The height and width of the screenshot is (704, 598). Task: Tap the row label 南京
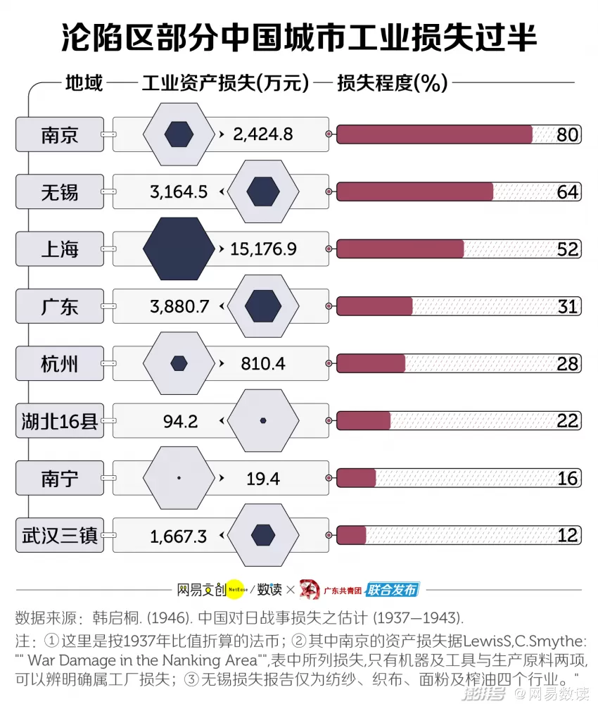(60, 134)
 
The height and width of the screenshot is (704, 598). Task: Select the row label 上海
(60, 249)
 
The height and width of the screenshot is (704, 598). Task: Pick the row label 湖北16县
(60, 421)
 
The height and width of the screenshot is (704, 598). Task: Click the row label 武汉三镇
(60, 536)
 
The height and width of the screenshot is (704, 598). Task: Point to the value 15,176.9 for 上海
(263, 249)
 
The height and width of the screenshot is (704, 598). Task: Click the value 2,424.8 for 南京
(263, 134)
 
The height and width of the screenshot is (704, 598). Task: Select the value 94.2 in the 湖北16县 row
(180, 422)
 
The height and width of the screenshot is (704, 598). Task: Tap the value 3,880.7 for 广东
(179, 307)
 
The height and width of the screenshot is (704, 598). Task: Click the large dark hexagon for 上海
(179, 249)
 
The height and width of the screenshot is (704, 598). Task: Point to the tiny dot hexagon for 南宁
(179, 478)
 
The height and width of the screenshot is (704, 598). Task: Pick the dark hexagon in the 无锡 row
(263, 191)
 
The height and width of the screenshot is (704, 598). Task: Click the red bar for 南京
(434, 134)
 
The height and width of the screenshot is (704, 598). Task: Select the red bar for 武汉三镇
(351, 535)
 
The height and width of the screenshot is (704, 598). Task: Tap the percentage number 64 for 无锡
(568, 192)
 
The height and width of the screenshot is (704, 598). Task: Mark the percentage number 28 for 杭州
(568, 364)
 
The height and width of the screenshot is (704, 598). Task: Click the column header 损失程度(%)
(393, 83)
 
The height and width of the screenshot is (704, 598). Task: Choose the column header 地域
(84, 83)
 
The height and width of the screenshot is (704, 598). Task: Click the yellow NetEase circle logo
(238, 589)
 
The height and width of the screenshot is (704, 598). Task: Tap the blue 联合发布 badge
(393, 589)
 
